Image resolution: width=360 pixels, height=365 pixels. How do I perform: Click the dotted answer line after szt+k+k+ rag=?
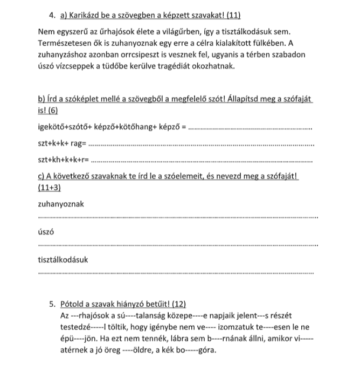[x=199, y=144]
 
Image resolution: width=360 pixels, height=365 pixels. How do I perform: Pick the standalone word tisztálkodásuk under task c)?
[x=63, y=259]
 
